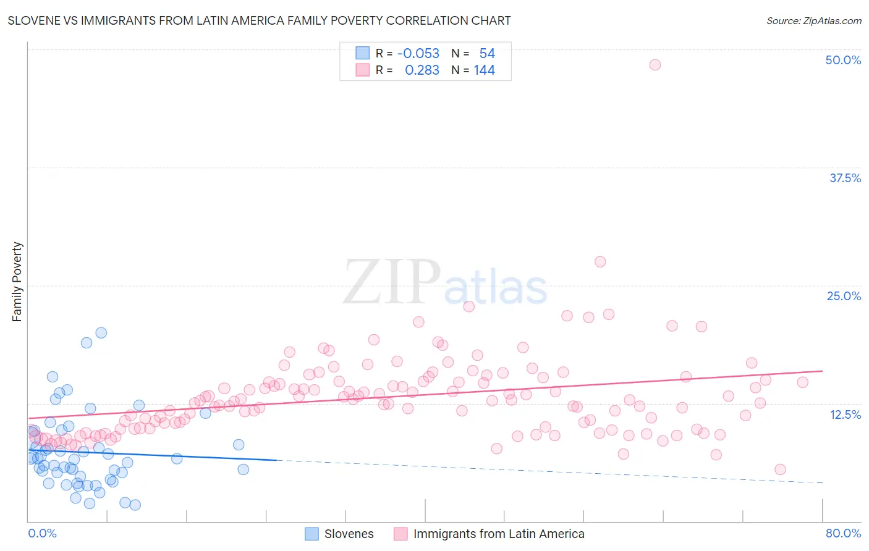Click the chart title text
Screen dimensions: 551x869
click(259, 20)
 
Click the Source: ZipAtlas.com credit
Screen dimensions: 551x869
click(813, 20)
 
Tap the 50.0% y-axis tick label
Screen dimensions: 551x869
click(843, 60)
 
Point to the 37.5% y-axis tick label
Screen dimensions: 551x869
click(845, 178)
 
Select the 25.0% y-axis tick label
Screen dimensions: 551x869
click(844, 296)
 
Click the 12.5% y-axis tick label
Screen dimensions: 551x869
click(845, 414)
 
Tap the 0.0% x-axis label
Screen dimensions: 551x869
click(42, 533)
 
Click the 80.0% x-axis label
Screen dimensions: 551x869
click(843, 533)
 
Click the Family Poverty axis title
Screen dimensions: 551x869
click(17, 282)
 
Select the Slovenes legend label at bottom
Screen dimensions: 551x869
click(349, 534)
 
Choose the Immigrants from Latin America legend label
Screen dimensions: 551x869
click(498, 534)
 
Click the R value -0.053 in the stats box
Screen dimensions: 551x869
click(418, 53)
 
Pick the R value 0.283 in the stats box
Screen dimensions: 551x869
click(422, 70)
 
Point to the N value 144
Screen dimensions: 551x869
click(484, 70)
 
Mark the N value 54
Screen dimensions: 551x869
click(487, 53)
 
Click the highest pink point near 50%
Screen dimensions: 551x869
click(655, 65)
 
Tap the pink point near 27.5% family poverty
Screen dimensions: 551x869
click(600, 262)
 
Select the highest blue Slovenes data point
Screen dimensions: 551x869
click(101, 333)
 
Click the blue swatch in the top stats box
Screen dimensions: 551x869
click(362, 53)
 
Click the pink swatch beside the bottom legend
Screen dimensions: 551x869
click(401, 534)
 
